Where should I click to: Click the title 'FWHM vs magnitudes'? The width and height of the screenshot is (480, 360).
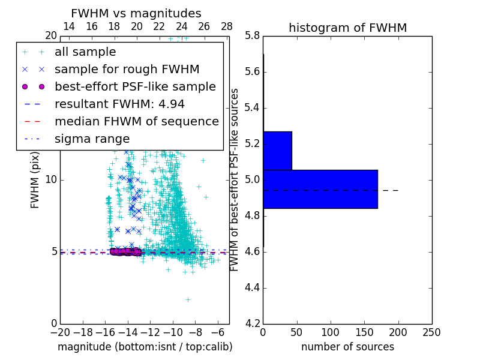coord(136,13)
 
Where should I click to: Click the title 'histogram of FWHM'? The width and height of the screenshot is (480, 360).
coord(347,28)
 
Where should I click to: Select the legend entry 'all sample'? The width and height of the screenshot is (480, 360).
coord(85,52)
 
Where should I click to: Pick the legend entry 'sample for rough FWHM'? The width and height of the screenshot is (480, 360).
coord(127,70)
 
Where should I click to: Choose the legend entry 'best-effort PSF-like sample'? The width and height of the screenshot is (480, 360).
coord(135,87)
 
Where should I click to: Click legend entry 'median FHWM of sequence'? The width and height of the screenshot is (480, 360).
coord(136,122)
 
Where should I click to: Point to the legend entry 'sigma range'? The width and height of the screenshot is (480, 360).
coord(92,139)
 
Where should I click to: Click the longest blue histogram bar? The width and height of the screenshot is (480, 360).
coord(320,189)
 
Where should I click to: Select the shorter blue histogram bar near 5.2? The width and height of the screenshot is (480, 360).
coord(277,151)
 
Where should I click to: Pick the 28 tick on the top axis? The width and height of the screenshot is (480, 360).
coord(227,26)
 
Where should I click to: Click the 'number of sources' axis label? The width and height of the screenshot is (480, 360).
coord(347,347)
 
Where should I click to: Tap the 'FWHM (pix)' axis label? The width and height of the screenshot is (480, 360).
coord(35,179)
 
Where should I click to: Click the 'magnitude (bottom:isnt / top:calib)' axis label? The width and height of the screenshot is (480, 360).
coord(145,347)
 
